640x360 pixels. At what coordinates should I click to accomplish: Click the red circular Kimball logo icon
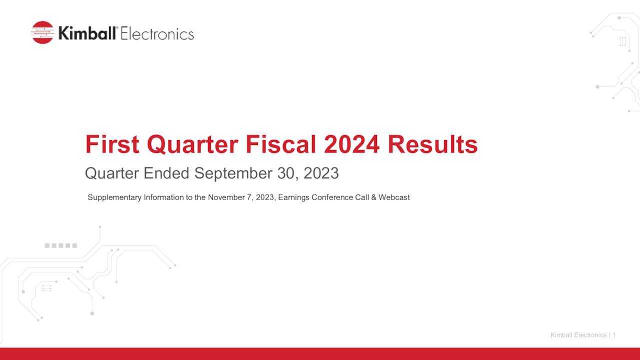coord(42,32)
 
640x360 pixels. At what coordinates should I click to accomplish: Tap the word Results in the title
coord(432,144)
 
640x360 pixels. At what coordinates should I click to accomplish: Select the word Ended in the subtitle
coord(166,173)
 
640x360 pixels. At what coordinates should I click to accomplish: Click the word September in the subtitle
coord(233,173)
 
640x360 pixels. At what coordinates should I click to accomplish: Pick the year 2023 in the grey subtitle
coord(321,173)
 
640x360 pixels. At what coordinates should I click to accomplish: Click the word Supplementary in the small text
coord(114,197)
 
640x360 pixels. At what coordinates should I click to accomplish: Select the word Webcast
coord(394,197)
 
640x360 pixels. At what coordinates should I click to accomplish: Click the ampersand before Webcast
coord(373,197)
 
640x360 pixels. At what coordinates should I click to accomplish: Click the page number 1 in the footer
coord(613,335)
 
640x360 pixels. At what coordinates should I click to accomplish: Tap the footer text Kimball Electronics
coord(578,335)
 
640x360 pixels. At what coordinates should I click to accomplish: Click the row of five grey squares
coord(61,245)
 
